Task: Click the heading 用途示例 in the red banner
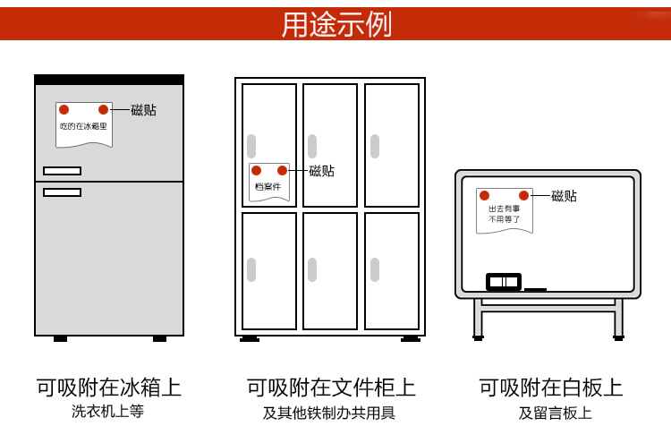336,24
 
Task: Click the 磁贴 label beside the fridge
143,110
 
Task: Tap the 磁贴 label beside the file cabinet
321,171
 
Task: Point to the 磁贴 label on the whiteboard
564,196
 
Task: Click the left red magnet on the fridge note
64,109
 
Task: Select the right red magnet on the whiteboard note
523,195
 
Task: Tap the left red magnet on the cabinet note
256,170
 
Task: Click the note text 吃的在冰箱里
83,127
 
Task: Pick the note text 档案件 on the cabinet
268,187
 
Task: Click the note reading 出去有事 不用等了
504,214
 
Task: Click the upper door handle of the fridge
62,171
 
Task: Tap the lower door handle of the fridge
62,192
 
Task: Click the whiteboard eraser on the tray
504,282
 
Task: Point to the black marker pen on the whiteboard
535,289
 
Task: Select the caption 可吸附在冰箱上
109,388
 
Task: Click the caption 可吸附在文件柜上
331,388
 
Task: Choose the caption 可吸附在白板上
551,388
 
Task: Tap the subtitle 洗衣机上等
108,412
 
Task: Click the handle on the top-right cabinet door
375,146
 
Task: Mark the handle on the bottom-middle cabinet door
312,269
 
